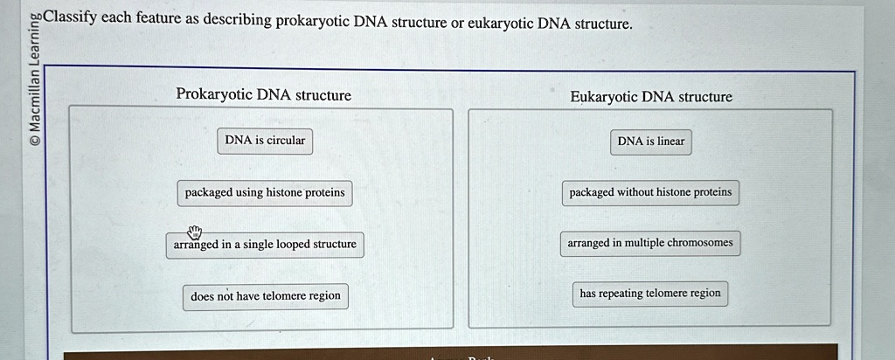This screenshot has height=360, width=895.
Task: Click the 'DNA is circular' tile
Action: coord(265,141)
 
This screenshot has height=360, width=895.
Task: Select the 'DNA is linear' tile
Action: coord(651,142)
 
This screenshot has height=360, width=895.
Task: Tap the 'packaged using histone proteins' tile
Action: coord(265,193)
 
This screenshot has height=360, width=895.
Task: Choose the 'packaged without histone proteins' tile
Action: coord(650,193)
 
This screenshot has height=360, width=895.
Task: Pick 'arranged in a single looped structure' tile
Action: coord(265,245)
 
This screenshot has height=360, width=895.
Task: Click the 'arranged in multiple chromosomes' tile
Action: coord(650,243)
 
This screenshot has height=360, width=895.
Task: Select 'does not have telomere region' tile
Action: coord(266,296)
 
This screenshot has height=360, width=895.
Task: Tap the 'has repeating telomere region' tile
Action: coord(650,294)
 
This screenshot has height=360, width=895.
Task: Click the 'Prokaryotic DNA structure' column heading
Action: coord(263,94)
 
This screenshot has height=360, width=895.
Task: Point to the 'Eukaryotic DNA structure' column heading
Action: coord(651,97)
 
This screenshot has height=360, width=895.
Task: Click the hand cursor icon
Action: coord(194,232)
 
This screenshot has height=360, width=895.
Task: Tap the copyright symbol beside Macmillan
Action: coord(34,137)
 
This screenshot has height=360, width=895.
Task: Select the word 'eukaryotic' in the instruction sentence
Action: coord(500,23)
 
